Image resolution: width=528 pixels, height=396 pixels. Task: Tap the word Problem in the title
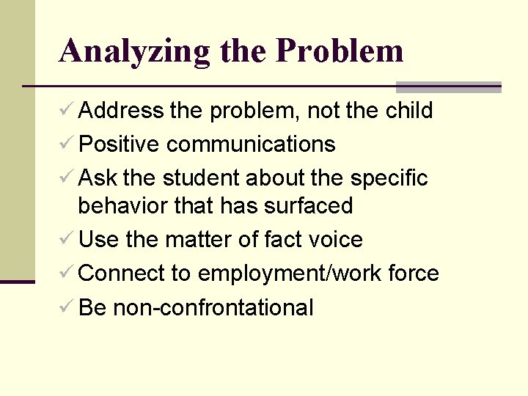point(340,51)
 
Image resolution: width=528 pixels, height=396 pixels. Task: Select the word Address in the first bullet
point(121,111)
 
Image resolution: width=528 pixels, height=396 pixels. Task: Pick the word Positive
point(119,144)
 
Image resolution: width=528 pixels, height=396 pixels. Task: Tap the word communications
point(251,144)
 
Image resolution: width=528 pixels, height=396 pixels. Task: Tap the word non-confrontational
point(213,307)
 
